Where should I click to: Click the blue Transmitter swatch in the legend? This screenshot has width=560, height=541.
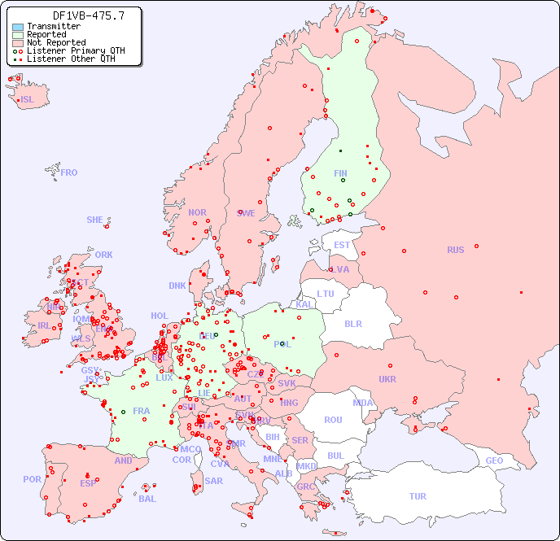click(18, 27)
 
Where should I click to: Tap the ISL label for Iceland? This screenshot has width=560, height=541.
click(28, 100)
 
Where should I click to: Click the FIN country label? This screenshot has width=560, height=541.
click(340, 173)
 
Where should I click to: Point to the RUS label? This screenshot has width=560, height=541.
click(455, 250)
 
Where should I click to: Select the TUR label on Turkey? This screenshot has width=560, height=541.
click(418, 496)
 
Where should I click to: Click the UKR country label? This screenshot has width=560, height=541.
click(387, 379)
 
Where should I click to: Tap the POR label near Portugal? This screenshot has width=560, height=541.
click(32, 479)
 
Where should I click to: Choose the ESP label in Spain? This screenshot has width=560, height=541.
click(88, 483)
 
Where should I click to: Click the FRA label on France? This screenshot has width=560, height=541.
click(142, 411)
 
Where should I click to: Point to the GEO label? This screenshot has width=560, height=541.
click(494, 460)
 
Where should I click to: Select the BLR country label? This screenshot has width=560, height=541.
click(353, 323)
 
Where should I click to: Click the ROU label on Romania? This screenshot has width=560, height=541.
click(333, 420)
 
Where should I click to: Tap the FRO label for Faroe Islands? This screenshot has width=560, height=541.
click(69, 172)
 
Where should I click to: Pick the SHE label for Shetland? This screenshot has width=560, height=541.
click(95, 220)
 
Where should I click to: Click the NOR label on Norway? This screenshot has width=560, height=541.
click(197, 212)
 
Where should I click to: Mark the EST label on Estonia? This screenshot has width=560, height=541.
click(342, 245)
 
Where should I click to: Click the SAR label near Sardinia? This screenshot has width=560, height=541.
click(213, 481)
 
